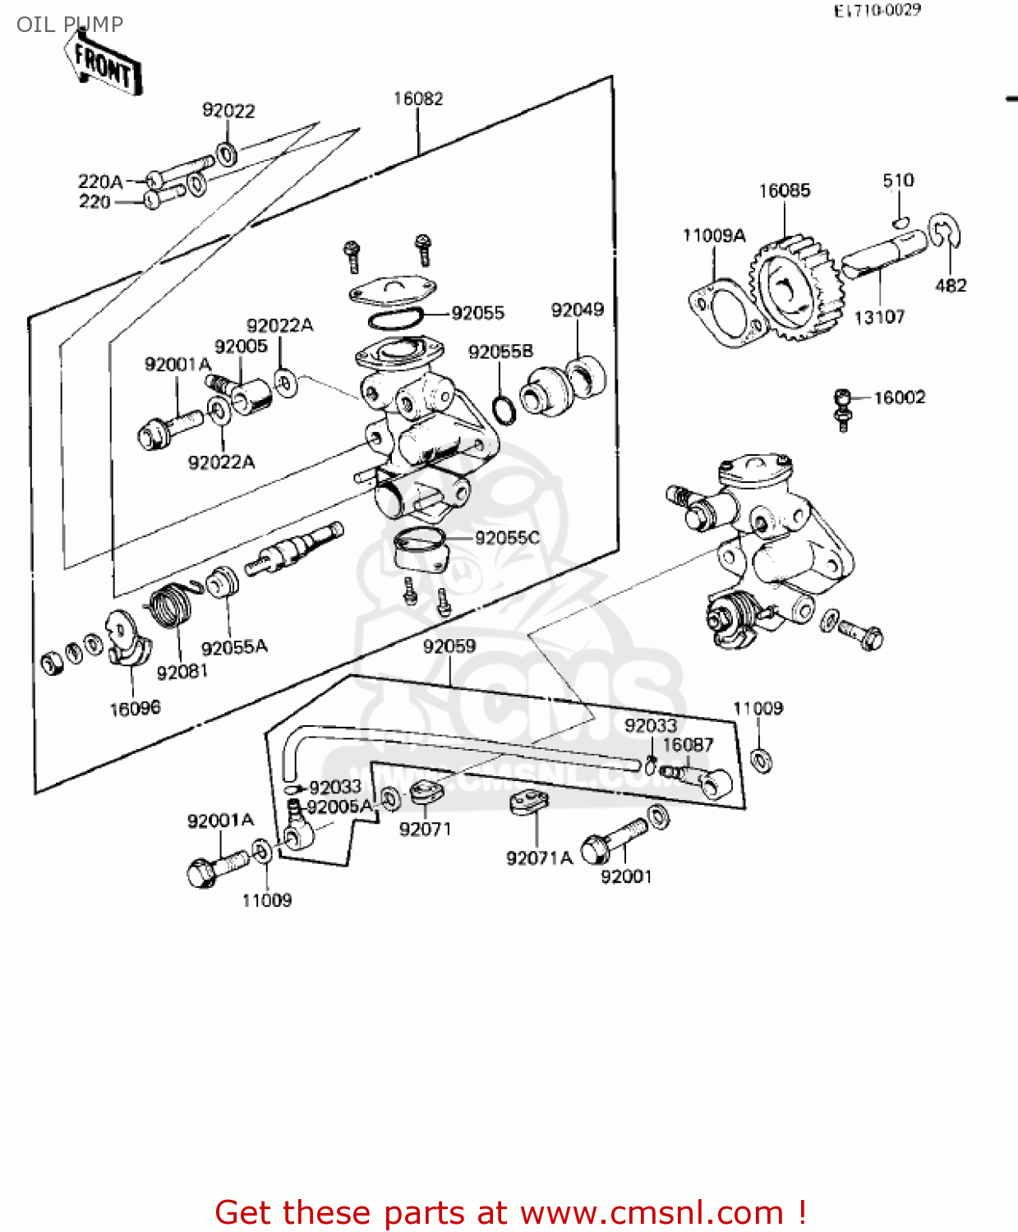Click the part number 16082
tap(418, 99)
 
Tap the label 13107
tap(879, 317)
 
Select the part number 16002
tap(899, 398)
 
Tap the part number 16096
tap(135, 708)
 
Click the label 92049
tap(577, 310)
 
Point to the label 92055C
tap(507, 538)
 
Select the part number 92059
tap(449, 646)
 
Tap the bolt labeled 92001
tap(612, 842)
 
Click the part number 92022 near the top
tap(228, 110)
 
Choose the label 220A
tap(100, 182)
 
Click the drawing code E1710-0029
tap(877, 11)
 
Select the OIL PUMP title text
tap(70, 24)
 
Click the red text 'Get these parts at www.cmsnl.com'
tap(509, 1212)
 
